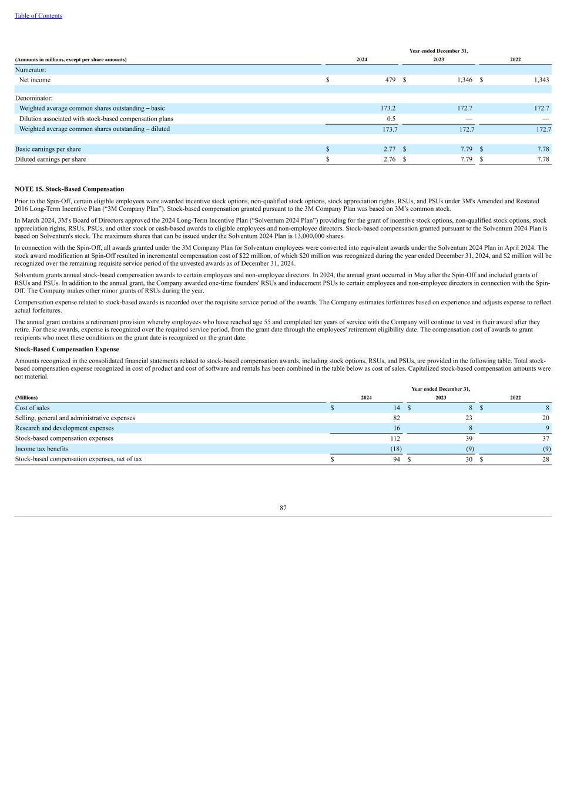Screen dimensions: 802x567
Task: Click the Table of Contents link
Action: (x=38, y=16)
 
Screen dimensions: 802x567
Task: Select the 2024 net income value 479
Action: (x=390, y=80)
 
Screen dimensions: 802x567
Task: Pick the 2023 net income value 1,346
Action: (x=464, y=80)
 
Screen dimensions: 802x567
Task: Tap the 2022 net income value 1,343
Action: (x=541, y=80)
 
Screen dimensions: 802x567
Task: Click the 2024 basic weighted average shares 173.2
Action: (x=388, y=109)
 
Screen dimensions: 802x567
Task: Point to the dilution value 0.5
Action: (x=391, y=119)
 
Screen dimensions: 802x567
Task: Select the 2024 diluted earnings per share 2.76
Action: (x=389, y=159)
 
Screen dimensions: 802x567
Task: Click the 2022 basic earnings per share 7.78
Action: (x=542, y=149)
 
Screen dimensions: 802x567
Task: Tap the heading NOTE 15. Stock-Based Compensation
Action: (x=69, y=189)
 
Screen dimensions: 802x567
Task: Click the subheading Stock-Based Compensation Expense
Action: (x=66, y=350)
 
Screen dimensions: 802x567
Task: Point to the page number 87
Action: (x=283, y=508)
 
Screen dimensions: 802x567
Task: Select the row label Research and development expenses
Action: (x=65, y=428)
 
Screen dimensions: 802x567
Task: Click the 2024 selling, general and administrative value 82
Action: (x=397, y=418)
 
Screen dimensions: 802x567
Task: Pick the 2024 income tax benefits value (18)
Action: (x=396, y=449)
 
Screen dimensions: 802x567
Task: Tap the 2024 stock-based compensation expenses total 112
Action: (x=395, y=438)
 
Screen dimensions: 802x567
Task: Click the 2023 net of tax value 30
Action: (x=469, y=459)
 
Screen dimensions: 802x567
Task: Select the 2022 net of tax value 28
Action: (x=546, y=459)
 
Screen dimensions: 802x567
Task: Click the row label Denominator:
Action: (x=33, y=98)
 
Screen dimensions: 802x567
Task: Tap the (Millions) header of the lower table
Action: (x=26, y=398)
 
